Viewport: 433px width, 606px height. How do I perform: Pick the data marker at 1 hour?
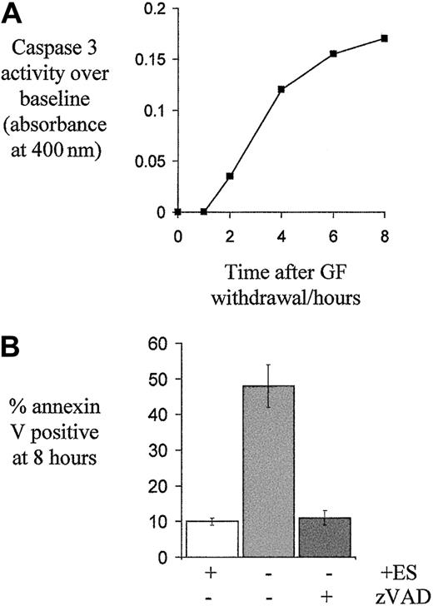[204, 211]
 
